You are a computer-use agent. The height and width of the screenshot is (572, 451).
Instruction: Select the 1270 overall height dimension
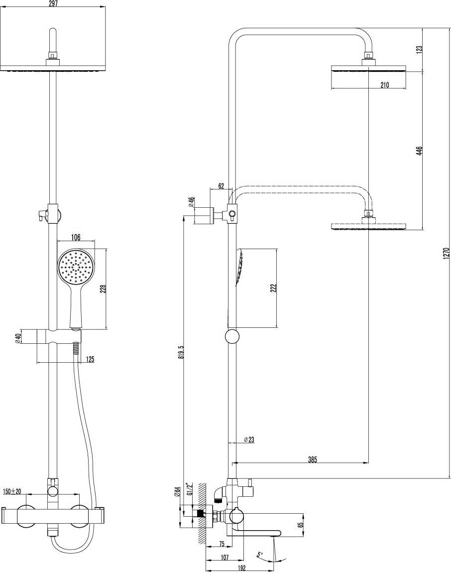point(446,253)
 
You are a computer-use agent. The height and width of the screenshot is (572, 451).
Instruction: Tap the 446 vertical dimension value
point(419,150)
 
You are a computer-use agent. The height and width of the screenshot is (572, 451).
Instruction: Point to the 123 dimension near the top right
point(419,49)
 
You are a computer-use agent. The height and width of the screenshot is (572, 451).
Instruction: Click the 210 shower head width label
point(384,85)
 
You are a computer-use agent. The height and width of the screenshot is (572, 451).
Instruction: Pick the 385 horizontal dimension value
point(312,459)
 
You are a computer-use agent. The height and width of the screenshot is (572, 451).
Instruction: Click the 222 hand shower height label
point(273,288)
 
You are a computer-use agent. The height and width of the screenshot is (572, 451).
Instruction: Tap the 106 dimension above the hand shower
point(76,237)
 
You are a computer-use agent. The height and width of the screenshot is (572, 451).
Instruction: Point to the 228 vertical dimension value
point(103,289)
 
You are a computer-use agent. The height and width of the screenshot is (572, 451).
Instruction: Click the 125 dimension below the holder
point(90,359)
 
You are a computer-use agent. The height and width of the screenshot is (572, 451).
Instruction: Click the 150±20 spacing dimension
point(12,491)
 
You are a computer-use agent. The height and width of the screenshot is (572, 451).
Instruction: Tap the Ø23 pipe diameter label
point(249,439)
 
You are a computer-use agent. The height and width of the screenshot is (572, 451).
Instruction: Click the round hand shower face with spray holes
point(75,269)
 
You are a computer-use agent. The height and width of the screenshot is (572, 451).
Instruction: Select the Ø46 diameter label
point(191,202)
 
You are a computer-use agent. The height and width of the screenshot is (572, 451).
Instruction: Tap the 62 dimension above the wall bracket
point(221,186)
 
